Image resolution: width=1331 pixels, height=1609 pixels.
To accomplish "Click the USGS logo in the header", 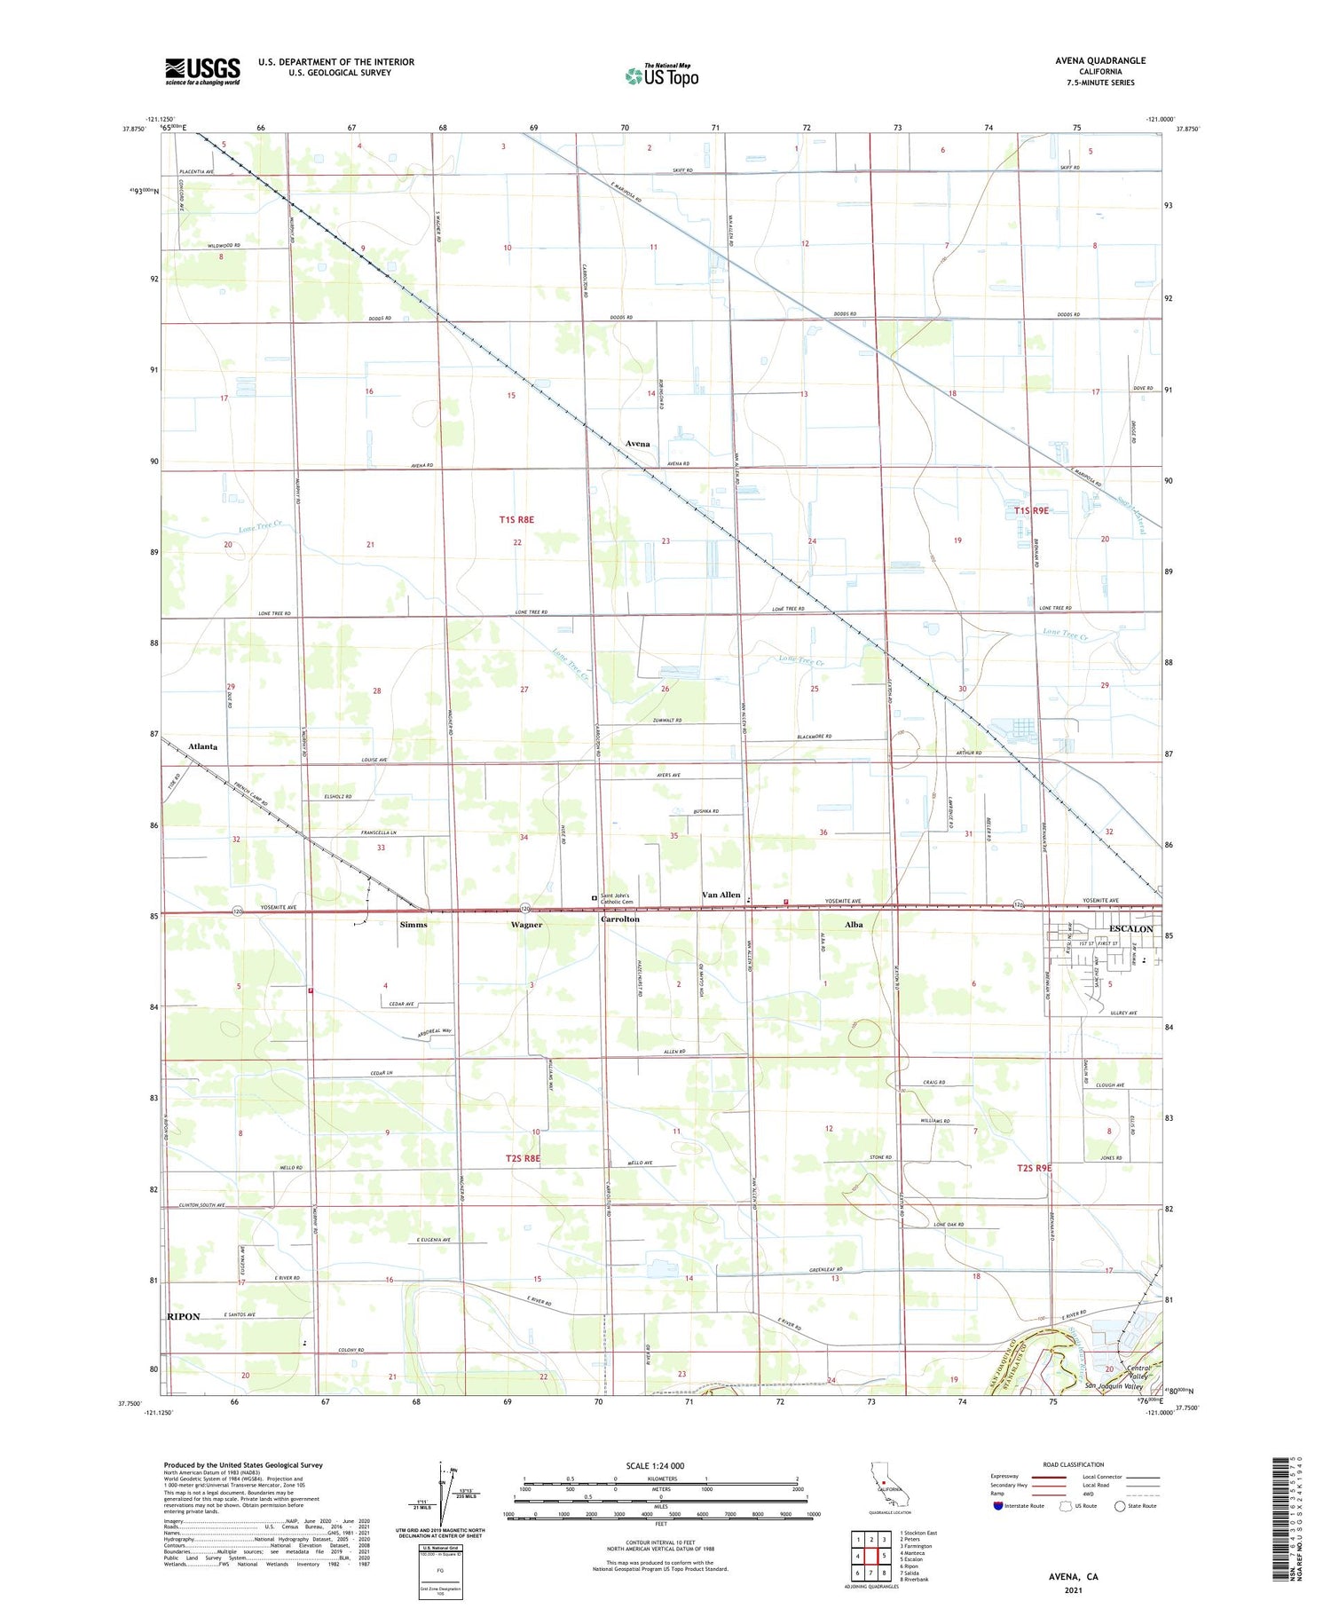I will (202, 71).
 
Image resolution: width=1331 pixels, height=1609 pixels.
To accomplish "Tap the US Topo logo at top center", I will (661, 76).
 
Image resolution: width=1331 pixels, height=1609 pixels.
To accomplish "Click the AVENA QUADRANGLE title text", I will (1100, 60).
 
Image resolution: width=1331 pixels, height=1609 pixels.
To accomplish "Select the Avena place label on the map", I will (637, 444).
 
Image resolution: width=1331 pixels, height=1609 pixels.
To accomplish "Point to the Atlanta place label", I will (202, 746).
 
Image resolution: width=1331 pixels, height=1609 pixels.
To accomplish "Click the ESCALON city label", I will (1130, 929).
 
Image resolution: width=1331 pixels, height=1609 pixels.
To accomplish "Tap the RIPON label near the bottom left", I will (184, 1316).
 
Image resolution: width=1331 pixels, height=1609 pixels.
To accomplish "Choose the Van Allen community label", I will (721, 895).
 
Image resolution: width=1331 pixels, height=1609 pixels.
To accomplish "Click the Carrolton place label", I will (619, 919).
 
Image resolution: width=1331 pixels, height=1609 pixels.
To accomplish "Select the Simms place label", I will (413, 925).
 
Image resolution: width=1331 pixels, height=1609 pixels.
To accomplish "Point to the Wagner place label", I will (526, 925).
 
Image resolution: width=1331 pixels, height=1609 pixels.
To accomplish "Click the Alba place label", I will (854, 925).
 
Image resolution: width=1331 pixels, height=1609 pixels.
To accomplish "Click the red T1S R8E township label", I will (516, 519).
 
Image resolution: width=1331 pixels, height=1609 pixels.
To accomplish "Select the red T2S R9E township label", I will (1034, 1168).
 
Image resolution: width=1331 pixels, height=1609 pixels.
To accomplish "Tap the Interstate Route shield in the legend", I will (999, 1506).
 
